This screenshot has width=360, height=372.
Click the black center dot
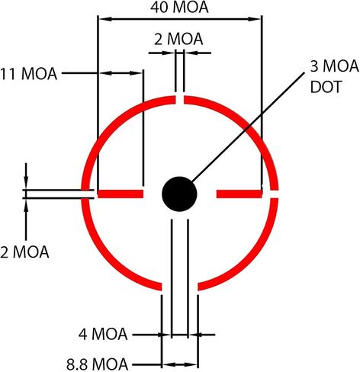pos(179,194)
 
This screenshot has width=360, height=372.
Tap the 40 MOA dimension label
pos(179,8)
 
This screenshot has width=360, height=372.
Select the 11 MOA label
pos(28,74)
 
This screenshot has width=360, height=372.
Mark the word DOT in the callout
pos(326,87)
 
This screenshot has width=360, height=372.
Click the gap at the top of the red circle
pos(180,100)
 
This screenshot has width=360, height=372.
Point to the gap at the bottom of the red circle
pos(180,287)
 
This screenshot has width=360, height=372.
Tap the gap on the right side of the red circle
pos(274,194)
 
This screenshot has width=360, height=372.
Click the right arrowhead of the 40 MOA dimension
pos(255,19)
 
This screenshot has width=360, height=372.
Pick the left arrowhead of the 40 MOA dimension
pos(105,19)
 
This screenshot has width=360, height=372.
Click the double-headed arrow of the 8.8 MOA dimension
pos(180,365)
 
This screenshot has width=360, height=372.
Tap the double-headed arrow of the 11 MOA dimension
pos(121,73)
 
